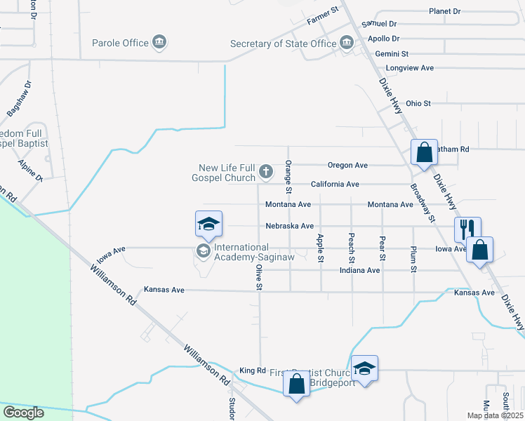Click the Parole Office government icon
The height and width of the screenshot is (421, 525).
pyautogui.click(x=159, y=43)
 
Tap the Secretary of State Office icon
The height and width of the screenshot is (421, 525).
pyautogui.click(x=347, y=44)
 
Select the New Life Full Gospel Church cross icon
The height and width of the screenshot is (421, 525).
pyautogui.click(x=266, y=171)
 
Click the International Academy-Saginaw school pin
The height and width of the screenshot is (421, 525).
pyautogui.click(x=208, y=225)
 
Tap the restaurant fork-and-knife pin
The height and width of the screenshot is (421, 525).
pyautogui.click(x=467, y=229)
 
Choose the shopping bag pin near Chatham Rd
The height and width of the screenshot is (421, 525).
pyautogui.click(x=424, y=152)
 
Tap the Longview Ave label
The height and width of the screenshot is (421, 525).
pyautogui.click(x=410, y=68)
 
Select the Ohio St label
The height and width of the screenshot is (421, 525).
pyautogui.click(x=418, y=103)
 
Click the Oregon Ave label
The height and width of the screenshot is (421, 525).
pyautogui.click(x=347, y=166)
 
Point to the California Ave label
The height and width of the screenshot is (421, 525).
pyautogui.click(x=335, y=185)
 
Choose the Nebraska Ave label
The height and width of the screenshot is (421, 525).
pyautogui.click(x=289, y=226)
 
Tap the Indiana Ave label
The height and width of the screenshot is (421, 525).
pyautogui.click(x=359, y=270)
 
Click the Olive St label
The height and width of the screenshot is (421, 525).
pyautogui.click(x=259, y=277)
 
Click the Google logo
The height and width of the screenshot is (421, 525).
pyautogui.click(x=24, y=413)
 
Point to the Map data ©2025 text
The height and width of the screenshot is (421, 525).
pyautogui.click(x=494, y=415)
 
